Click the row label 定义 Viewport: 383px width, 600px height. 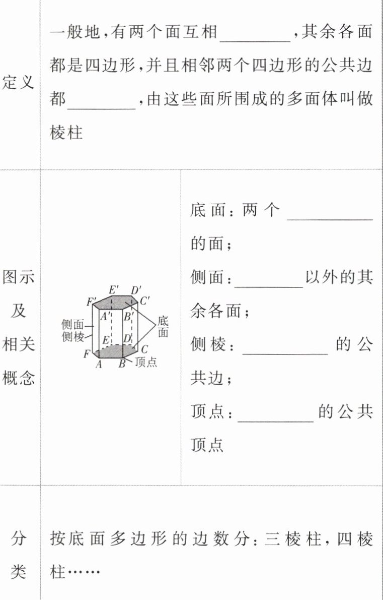(19, 82)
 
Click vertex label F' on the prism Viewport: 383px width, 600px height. (92, 303)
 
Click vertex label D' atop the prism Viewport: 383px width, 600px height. (135, 291)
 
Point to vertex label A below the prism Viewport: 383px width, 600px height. (99, 365)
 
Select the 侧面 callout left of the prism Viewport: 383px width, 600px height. (73, 325)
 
